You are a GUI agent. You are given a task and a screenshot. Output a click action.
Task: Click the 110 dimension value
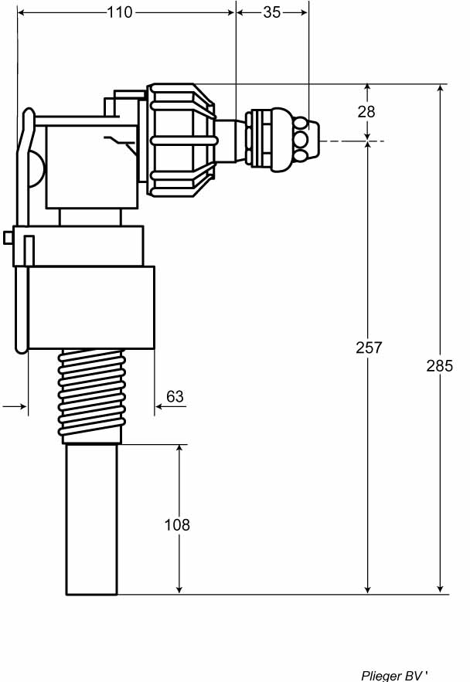120,12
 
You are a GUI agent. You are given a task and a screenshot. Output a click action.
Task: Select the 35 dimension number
271,12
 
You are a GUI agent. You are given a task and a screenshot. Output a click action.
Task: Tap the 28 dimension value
366,112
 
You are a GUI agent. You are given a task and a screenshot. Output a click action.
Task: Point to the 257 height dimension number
369,348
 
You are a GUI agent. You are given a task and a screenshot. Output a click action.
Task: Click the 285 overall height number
440,366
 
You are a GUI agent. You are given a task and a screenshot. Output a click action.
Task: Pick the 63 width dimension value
175,397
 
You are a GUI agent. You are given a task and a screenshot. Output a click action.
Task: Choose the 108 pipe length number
177,525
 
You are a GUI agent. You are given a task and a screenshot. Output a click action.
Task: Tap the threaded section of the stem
92,396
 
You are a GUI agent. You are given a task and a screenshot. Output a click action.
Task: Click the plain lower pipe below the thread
91,519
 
